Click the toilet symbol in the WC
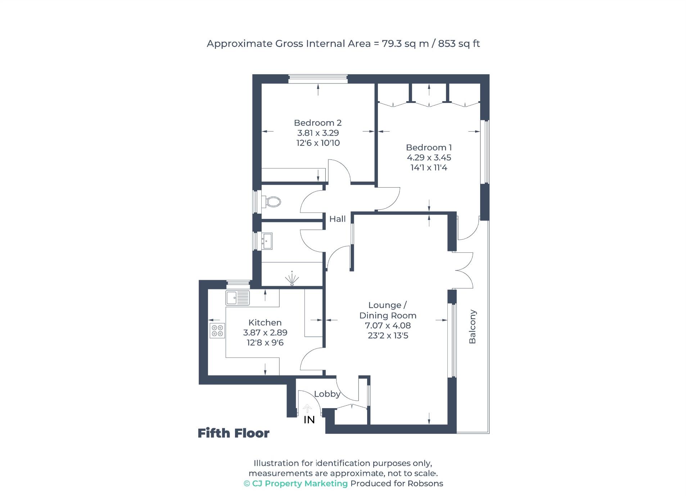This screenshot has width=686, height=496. coord(272,201)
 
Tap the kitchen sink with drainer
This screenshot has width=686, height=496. coord(238,298)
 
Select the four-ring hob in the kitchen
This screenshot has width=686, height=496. coord(217,330)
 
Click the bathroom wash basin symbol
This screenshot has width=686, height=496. coord(267,241)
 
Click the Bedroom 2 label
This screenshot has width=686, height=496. coord(317,123)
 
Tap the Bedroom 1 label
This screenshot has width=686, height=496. coord(428,148)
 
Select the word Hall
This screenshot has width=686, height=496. coord(337,219)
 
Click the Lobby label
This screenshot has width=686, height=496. coord(327,394)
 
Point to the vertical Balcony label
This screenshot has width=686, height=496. coord(472,326)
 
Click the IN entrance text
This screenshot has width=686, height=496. coord(309,420)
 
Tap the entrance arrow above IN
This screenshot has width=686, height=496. coord(307,408)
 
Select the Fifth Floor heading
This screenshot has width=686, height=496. coord(233,433)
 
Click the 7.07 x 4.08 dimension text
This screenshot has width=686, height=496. coord(388,326)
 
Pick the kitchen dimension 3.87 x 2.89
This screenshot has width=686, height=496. coord(265,333)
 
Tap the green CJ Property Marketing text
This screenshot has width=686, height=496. coord(299,483)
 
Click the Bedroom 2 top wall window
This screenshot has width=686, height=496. coord(318,78)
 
